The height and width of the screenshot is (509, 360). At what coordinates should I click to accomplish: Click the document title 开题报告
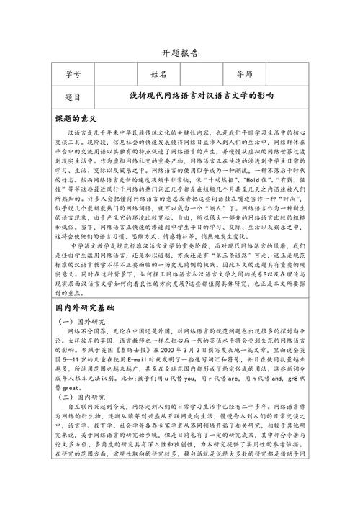pos(179,53)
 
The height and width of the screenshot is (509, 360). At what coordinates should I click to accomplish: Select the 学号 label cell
pos(72,74)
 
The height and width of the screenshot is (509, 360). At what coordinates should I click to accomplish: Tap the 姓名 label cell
pos(159,74)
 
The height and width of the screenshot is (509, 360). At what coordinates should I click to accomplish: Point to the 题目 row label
pos(72,96)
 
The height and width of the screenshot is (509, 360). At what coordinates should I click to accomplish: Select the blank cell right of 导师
pos(292,74)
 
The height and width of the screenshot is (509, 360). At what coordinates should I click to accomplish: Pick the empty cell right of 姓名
pos(201,74)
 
